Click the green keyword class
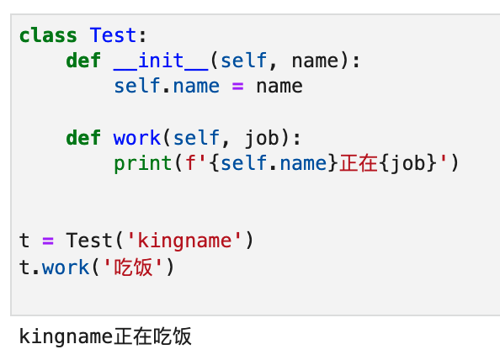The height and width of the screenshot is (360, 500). point(48,35)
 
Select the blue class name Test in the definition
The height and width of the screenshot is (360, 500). point(113,35)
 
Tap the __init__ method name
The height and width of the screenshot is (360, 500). point(161,61)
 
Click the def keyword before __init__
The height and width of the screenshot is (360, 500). point(83,61)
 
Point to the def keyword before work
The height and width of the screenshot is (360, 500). point(83,138)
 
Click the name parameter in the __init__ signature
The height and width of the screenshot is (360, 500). point(315,61)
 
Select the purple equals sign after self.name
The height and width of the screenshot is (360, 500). point(238,87)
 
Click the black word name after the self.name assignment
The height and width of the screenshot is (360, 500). point(279,87)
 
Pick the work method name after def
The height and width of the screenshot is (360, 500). point(137,138)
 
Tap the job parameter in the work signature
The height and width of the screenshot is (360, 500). point(262,138)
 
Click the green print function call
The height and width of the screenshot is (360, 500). point(143,164)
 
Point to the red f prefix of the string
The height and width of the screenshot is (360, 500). point(190,163)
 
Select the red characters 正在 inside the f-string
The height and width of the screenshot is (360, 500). point(359,163)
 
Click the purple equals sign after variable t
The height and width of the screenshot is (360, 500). point(48,241)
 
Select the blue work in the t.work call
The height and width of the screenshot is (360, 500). point(66,267)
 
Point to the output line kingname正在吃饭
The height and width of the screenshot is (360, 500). point(105,336)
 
